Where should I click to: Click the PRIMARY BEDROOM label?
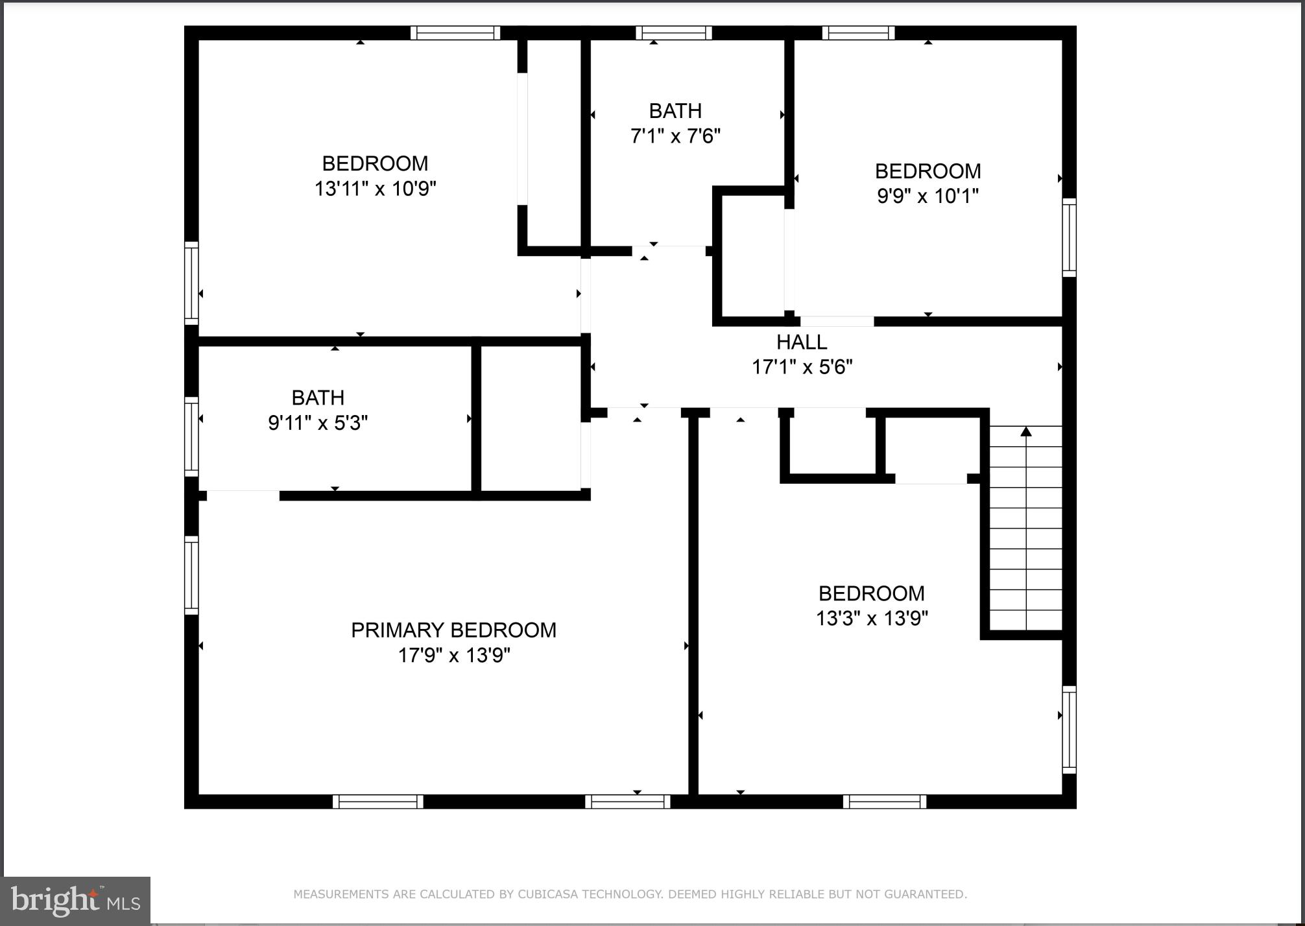[x=453, y=630]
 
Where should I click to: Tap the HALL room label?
[x=802, y=342]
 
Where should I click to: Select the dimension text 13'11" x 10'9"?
[x=375, y=189]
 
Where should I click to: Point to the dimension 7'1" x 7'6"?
[x=675, y=136]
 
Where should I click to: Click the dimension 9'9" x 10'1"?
[x=928, y=196]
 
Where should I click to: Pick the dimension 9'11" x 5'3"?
[x=318, y=423]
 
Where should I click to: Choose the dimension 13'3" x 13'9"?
[x=872, y=618]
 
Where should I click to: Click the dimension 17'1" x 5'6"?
[x=802, y=367]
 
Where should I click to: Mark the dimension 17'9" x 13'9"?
[x=453, y=656]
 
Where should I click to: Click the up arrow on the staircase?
[x=1025, y=432]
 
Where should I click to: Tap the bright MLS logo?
[x=76, y=901]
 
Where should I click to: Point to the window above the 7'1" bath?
[x=673, y=33]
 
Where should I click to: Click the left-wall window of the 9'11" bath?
[x=191, y=436]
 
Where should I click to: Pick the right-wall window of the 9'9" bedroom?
[x=1069, y=237]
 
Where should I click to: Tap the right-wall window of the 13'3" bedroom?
[x=1069, y=730]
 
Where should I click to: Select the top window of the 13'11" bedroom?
[x=455, y=33]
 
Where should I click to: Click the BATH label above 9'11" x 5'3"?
[x=318, y=398]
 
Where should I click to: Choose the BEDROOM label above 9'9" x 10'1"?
[x=928, y=171]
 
